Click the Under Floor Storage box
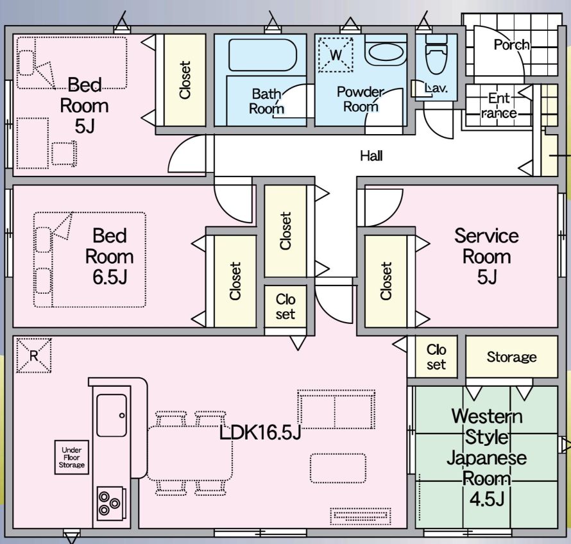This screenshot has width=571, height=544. pyautogui.click(x=71, y=456)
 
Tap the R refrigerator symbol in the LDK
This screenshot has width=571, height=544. pyautogui.click(x=33, y=355)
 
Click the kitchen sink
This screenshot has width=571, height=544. pyautogui.click(x=112, y=415)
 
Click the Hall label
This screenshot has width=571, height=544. pyautogui.click(x=371, y=155)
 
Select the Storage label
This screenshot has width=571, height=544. pyautogui.click(x=511, y=357)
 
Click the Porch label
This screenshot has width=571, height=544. pyautogui.click(x=511, y=45)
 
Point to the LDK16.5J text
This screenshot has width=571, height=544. pyautogui.click(x=260, y=433)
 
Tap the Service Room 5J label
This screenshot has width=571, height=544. pyautogui.click(x=486, y=256)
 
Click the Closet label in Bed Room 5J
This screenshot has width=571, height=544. pyautogui.click(x=185, y=80)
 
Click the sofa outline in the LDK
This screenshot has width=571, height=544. pyautogui.click(x=336, y=409)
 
